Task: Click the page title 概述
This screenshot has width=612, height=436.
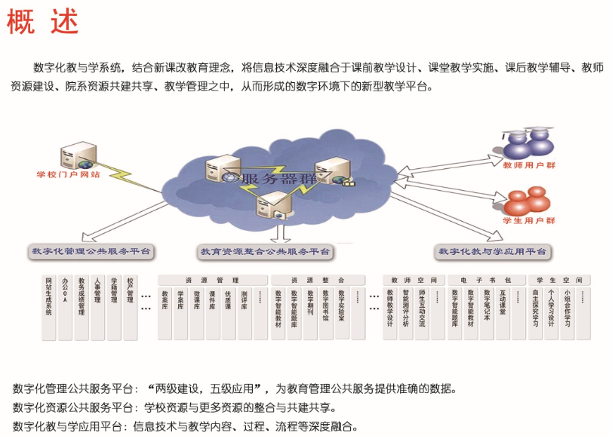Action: click(x=42, y=22)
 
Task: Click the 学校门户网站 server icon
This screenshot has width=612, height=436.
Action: click(x=78, y=151)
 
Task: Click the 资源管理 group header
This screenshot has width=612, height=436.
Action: click(x=211, y=280)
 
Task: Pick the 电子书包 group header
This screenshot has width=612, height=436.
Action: click(x=486, y=280)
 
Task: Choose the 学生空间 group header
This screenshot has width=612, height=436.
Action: click(x=558, y=280)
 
